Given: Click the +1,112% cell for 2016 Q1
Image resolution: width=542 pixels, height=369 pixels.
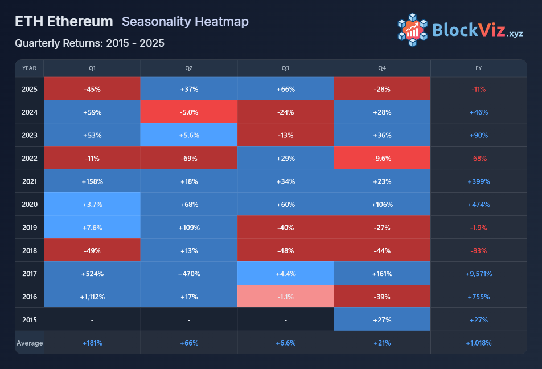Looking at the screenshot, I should click(92, 297).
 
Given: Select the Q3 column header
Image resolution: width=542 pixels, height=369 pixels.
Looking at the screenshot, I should click(285, 68).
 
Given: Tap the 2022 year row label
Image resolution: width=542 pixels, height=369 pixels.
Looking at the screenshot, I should click(30, 158).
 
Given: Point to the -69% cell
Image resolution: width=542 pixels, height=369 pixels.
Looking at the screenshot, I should click(189, 158).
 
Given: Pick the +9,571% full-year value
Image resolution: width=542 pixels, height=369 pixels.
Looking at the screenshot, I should click(478, 274).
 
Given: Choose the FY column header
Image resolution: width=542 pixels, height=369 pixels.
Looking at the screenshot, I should click(478, 68).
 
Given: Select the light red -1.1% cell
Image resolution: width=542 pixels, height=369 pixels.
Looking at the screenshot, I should click(285, 297).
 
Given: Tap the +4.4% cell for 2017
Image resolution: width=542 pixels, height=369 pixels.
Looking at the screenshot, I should click(285, 274).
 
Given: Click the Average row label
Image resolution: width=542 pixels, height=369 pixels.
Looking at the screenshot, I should click(30, 343).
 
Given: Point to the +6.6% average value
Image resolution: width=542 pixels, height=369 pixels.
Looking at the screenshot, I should click(285, 343).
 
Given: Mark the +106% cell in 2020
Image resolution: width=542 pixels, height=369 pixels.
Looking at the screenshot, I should click(382, 204).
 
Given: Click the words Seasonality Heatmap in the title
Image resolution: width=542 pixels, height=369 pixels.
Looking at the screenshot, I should click(185, 22).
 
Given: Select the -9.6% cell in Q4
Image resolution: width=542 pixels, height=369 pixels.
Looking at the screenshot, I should click(382, 158).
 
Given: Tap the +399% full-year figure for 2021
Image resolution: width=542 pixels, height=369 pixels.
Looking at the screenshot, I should click(478, 181).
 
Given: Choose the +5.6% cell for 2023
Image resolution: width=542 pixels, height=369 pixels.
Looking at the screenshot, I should click(189, 135).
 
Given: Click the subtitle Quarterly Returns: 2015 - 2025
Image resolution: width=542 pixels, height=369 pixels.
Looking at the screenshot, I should click(89, 43).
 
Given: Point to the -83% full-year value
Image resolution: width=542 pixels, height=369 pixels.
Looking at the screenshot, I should click(478, 250).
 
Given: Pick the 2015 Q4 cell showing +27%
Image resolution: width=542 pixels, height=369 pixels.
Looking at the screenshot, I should click(382, 320).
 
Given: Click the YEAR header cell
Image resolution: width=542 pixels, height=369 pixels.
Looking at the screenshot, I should click(30, 68).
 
